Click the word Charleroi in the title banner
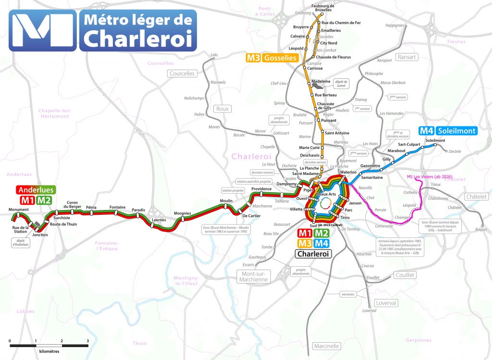coord(137,39)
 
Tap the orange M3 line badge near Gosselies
coord(253,58)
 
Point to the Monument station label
coord(18,210)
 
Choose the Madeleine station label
coord(321,81)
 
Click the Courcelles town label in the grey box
coord(182,74)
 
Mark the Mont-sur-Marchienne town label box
coord(253,276)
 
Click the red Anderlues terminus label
coord(35,190)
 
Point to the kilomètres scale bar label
coord(49,351)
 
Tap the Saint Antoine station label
coord(336,133)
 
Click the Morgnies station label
coord(183,213)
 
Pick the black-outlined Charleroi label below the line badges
coord(314,254)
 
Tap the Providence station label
coord(261,189)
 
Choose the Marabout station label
coord(396,150)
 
